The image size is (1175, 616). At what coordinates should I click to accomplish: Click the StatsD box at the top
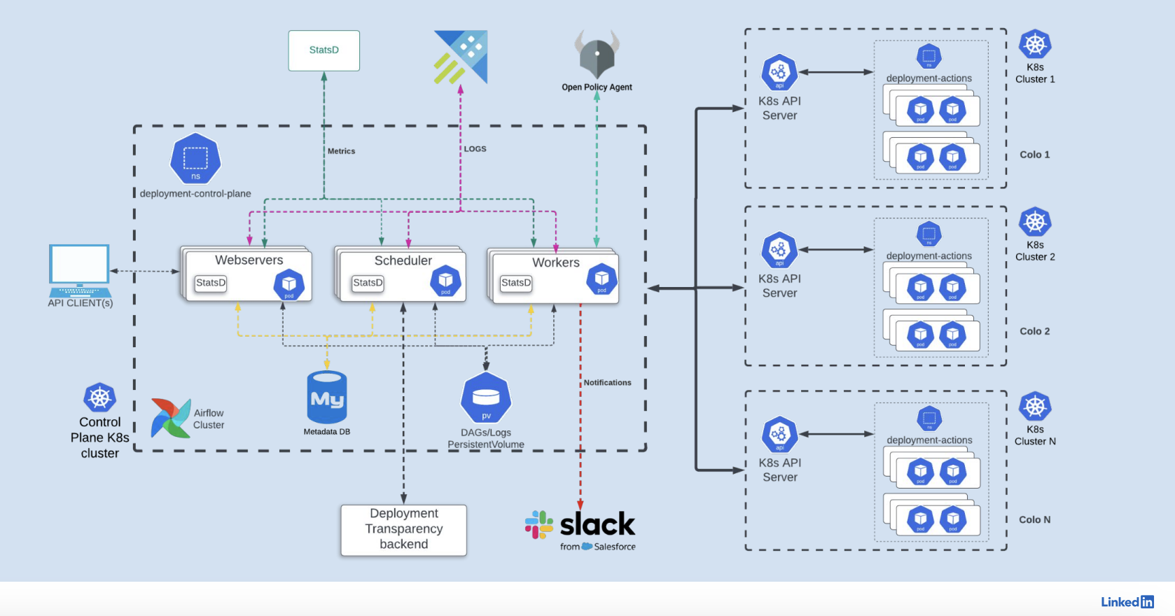324,50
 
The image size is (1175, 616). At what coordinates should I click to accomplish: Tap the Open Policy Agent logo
597,55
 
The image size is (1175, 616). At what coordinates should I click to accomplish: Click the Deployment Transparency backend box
403,530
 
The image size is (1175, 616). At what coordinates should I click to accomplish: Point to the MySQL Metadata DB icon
327,397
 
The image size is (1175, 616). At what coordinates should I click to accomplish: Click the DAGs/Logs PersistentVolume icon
486,398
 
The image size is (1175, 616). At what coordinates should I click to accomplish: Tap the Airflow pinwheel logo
170,418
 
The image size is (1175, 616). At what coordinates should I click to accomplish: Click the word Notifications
607,383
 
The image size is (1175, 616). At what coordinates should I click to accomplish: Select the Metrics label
341,151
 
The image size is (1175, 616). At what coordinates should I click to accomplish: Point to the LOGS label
475,149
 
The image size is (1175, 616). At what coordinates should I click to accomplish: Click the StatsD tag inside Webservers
211,283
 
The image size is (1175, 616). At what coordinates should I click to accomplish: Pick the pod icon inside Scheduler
445,281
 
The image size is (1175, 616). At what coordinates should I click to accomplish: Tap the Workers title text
555,262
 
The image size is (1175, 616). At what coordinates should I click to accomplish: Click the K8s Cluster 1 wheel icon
1035,45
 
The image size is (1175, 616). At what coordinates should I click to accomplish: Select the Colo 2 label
1034,331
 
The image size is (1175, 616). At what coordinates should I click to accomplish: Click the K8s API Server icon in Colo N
779,435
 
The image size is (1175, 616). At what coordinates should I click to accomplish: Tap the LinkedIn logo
1127,602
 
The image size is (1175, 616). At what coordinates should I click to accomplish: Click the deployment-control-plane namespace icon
195,159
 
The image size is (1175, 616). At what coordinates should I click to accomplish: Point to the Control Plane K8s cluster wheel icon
99,398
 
